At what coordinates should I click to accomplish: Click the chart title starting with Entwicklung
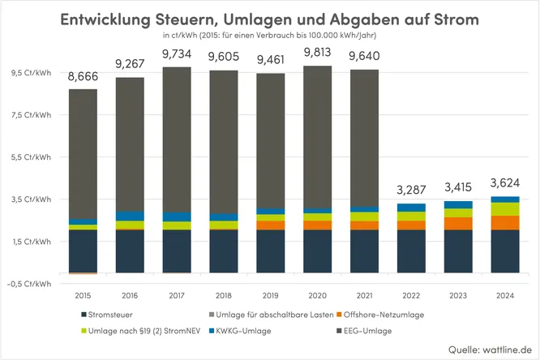270,18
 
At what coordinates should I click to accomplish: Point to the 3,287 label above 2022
411,191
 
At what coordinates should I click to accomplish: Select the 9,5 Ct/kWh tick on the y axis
30,72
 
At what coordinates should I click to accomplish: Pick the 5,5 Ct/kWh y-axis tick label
30,156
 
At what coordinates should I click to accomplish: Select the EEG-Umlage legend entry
363,331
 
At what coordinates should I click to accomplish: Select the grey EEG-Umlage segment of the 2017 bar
176,138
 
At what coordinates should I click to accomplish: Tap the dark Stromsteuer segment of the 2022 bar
411,251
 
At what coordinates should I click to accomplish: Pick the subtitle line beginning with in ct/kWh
270,36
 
